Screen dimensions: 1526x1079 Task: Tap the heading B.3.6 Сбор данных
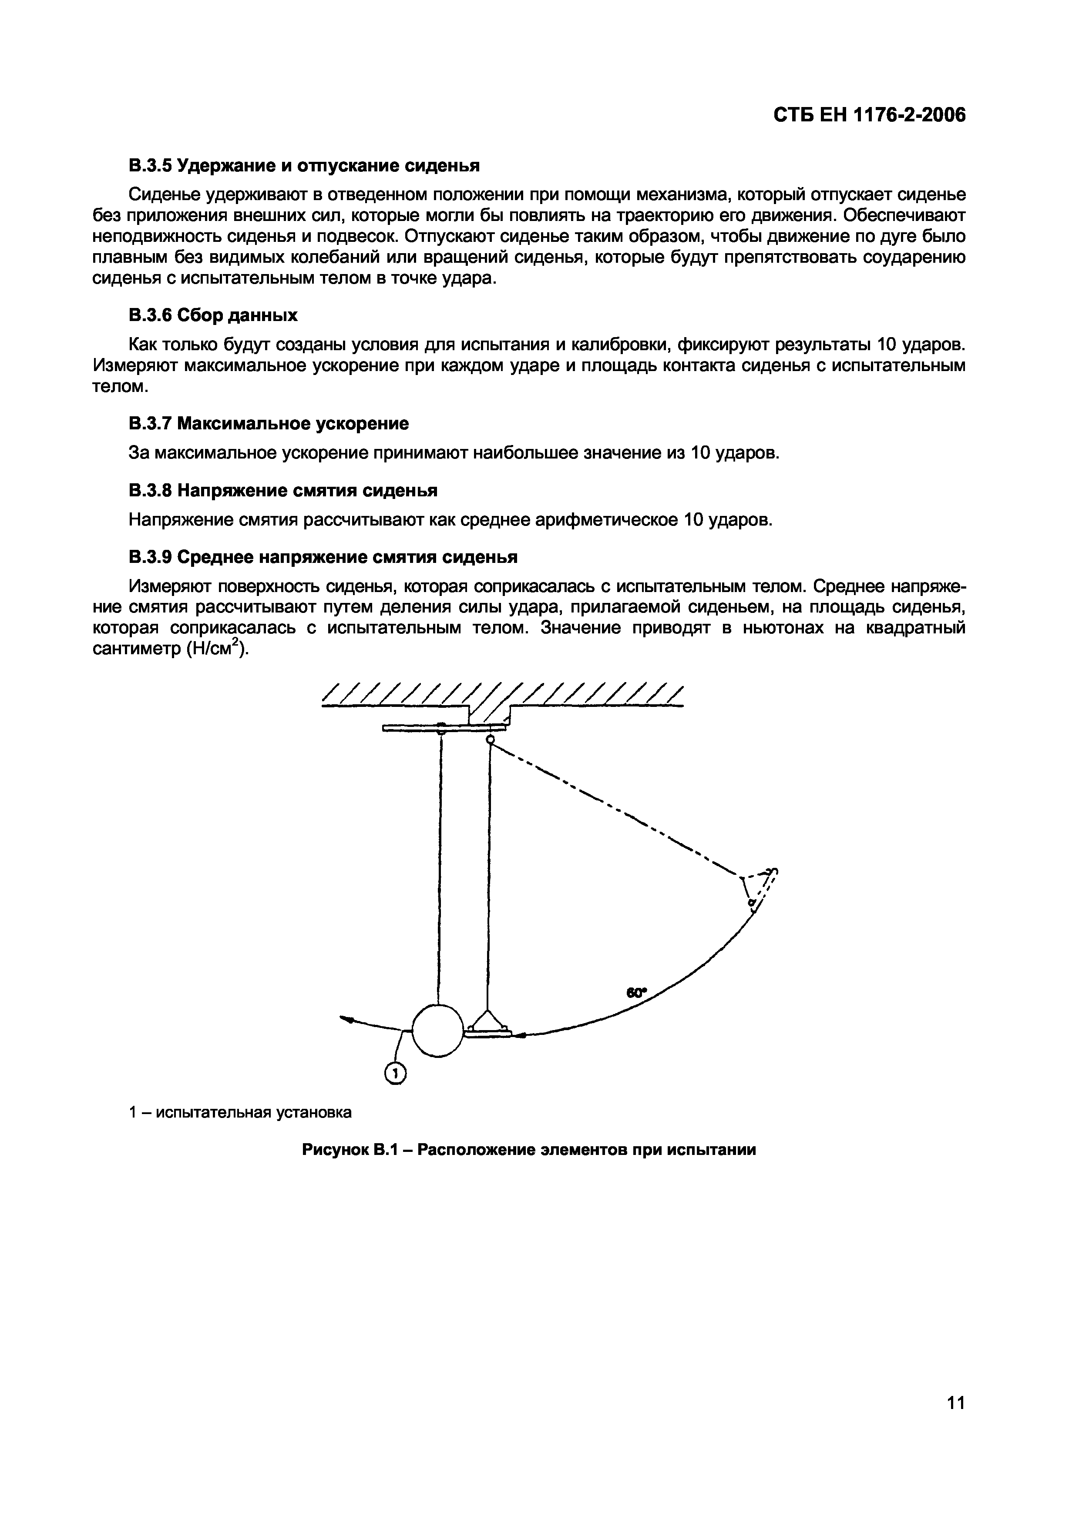click(x=213, y=315)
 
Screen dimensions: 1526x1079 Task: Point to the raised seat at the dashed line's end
click(x=759, y=890)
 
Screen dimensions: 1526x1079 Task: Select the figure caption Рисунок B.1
click(x=529, y=1149)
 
